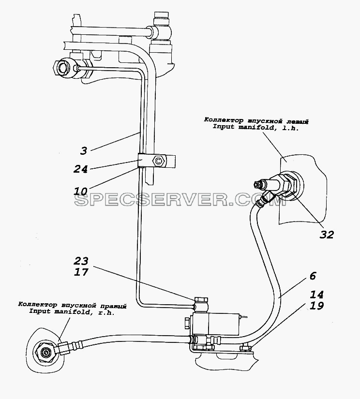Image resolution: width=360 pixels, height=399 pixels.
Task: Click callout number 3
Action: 84,150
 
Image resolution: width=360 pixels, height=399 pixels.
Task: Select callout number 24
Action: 80,169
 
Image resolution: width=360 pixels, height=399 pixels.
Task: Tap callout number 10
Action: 80,191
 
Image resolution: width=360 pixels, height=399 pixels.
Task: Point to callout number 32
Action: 327,235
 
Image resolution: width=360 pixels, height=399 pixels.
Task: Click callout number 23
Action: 81,261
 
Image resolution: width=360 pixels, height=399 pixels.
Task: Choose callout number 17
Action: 81,272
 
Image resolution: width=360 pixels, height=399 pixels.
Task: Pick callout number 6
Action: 313,276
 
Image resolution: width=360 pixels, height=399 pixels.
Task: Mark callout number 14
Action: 316,295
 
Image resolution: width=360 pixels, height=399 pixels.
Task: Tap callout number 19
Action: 316,305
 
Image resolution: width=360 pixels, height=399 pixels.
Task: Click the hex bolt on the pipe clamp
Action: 159,161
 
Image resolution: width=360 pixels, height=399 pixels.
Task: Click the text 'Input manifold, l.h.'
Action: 255,127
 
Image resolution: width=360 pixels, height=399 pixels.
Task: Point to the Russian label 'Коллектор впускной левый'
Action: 256,120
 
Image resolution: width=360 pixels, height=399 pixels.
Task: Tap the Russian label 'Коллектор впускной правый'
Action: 72,304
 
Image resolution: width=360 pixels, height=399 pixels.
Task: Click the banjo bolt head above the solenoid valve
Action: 201,299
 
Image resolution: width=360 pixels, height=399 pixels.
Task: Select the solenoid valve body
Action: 216,324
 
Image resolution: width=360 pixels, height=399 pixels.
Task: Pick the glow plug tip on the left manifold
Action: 257,184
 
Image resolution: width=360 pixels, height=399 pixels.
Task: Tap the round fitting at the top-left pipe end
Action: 63,67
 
